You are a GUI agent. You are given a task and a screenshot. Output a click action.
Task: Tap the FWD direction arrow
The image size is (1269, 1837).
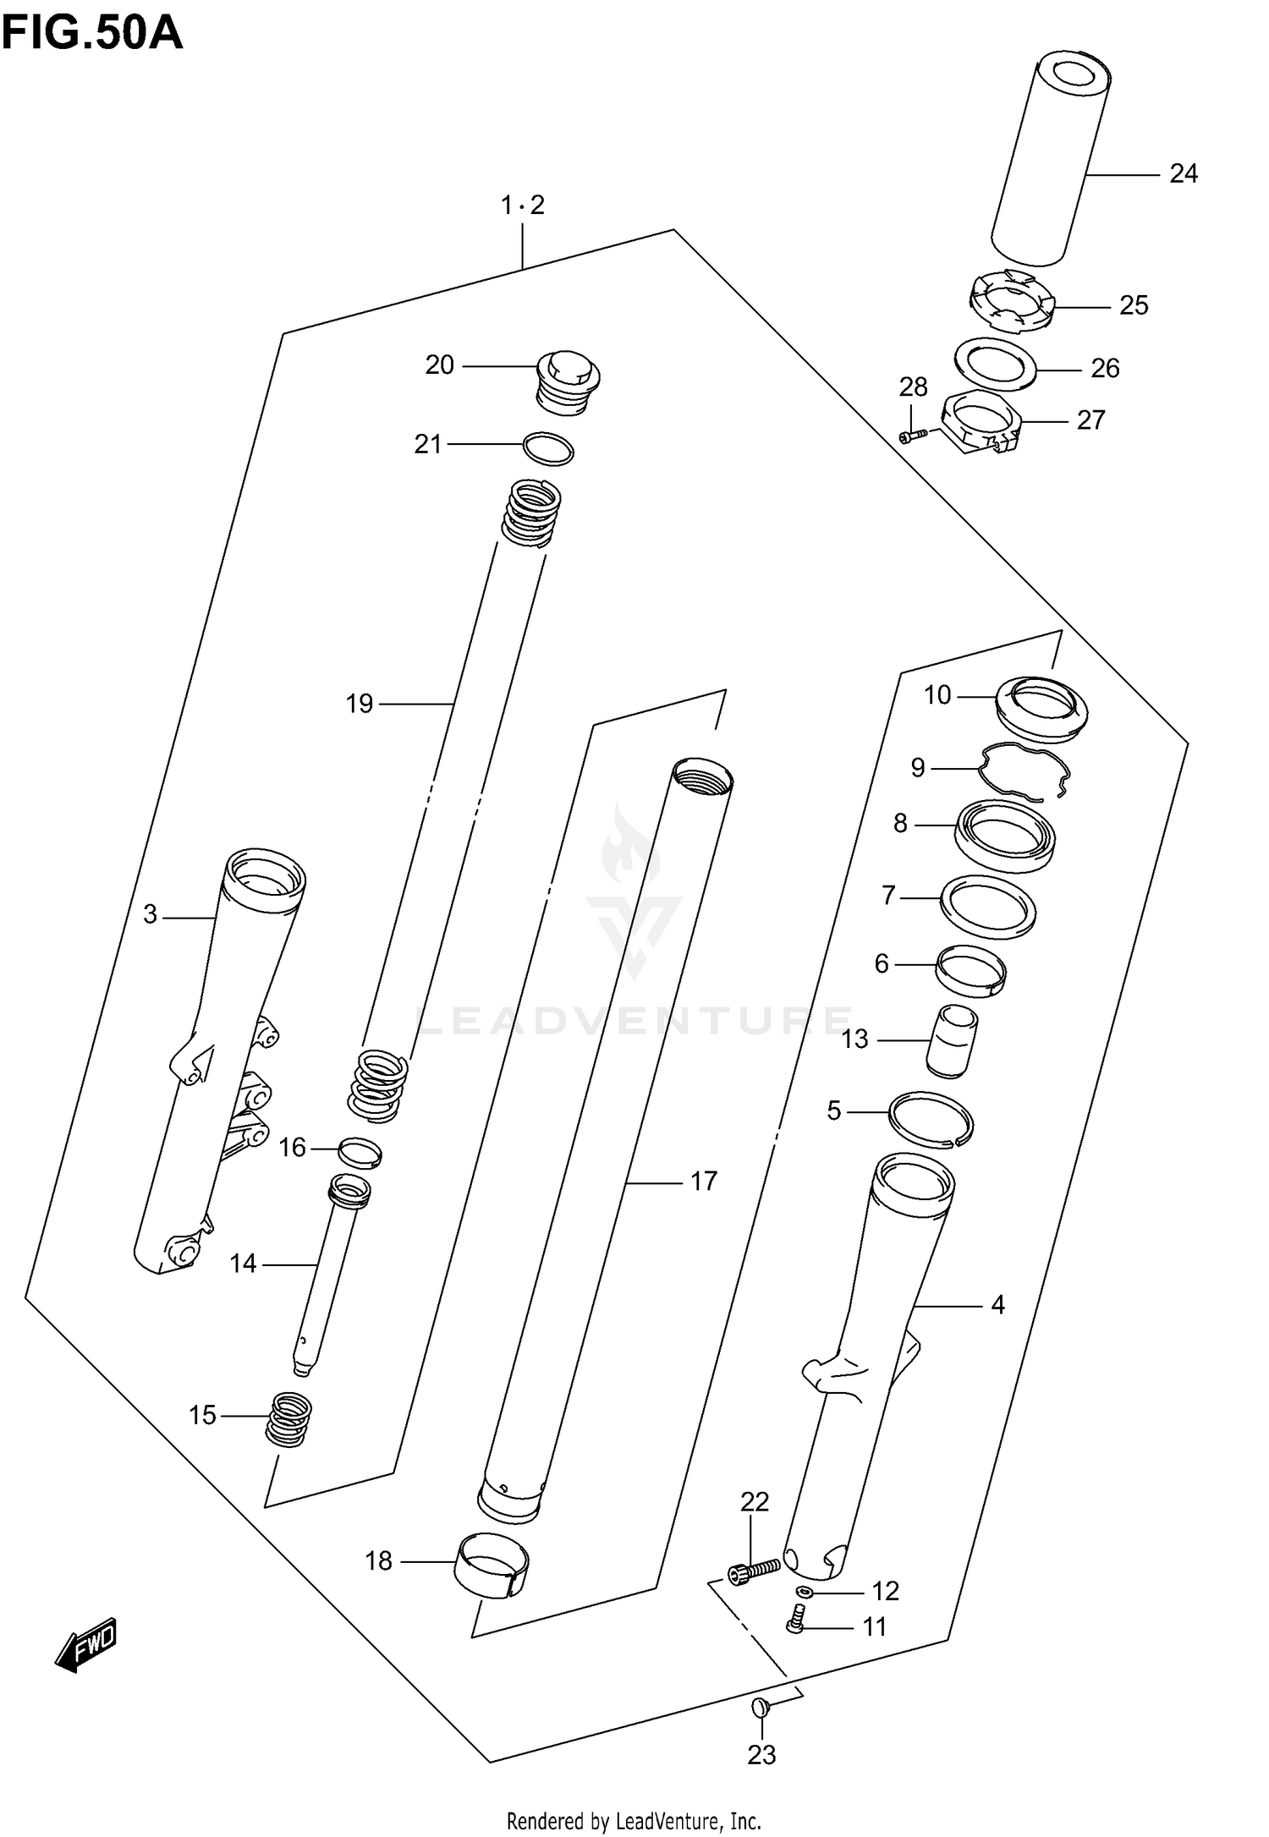click(x=85, y=1646)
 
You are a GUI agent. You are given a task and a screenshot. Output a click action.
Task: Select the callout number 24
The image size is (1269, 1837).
click(x=1183, y=173)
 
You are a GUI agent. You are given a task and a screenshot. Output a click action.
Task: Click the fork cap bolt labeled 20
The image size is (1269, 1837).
click(x=569, y=384)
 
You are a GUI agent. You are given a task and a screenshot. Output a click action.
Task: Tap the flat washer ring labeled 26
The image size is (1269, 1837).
click(x=996, y=364)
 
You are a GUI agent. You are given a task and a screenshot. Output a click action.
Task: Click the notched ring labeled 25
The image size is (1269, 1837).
click(x=1011, y=299)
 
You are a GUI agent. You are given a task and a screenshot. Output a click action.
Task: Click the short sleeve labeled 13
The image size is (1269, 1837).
click(x=953, y=1040)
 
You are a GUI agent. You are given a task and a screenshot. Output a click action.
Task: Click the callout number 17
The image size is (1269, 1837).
click(x=703, y=1181)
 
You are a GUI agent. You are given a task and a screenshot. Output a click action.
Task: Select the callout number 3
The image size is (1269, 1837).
click(x=150, y=914)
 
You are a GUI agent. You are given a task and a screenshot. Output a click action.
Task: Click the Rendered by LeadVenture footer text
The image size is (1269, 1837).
click(x=634, y=1820)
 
